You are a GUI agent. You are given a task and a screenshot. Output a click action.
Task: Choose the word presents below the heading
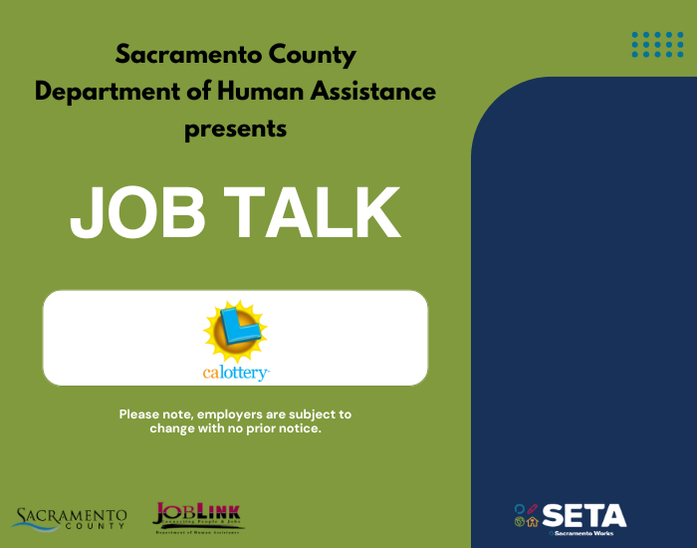click(x=236, y=129)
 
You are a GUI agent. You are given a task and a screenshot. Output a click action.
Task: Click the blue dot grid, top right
click(x=657, y=44)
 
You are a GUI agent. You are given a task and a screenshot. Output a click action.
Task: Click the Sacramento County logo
click(x=70, y=518)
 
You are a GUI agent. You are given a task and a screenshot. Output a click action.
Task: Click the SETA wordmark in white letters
click(x=584, y=515)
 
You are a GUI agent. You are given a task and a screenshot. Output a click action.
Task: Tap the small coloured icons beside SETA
click(x=527, y=514)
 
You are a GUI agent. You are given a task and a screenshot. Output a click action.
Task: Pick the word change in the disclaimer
click(x=171, y=428)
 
